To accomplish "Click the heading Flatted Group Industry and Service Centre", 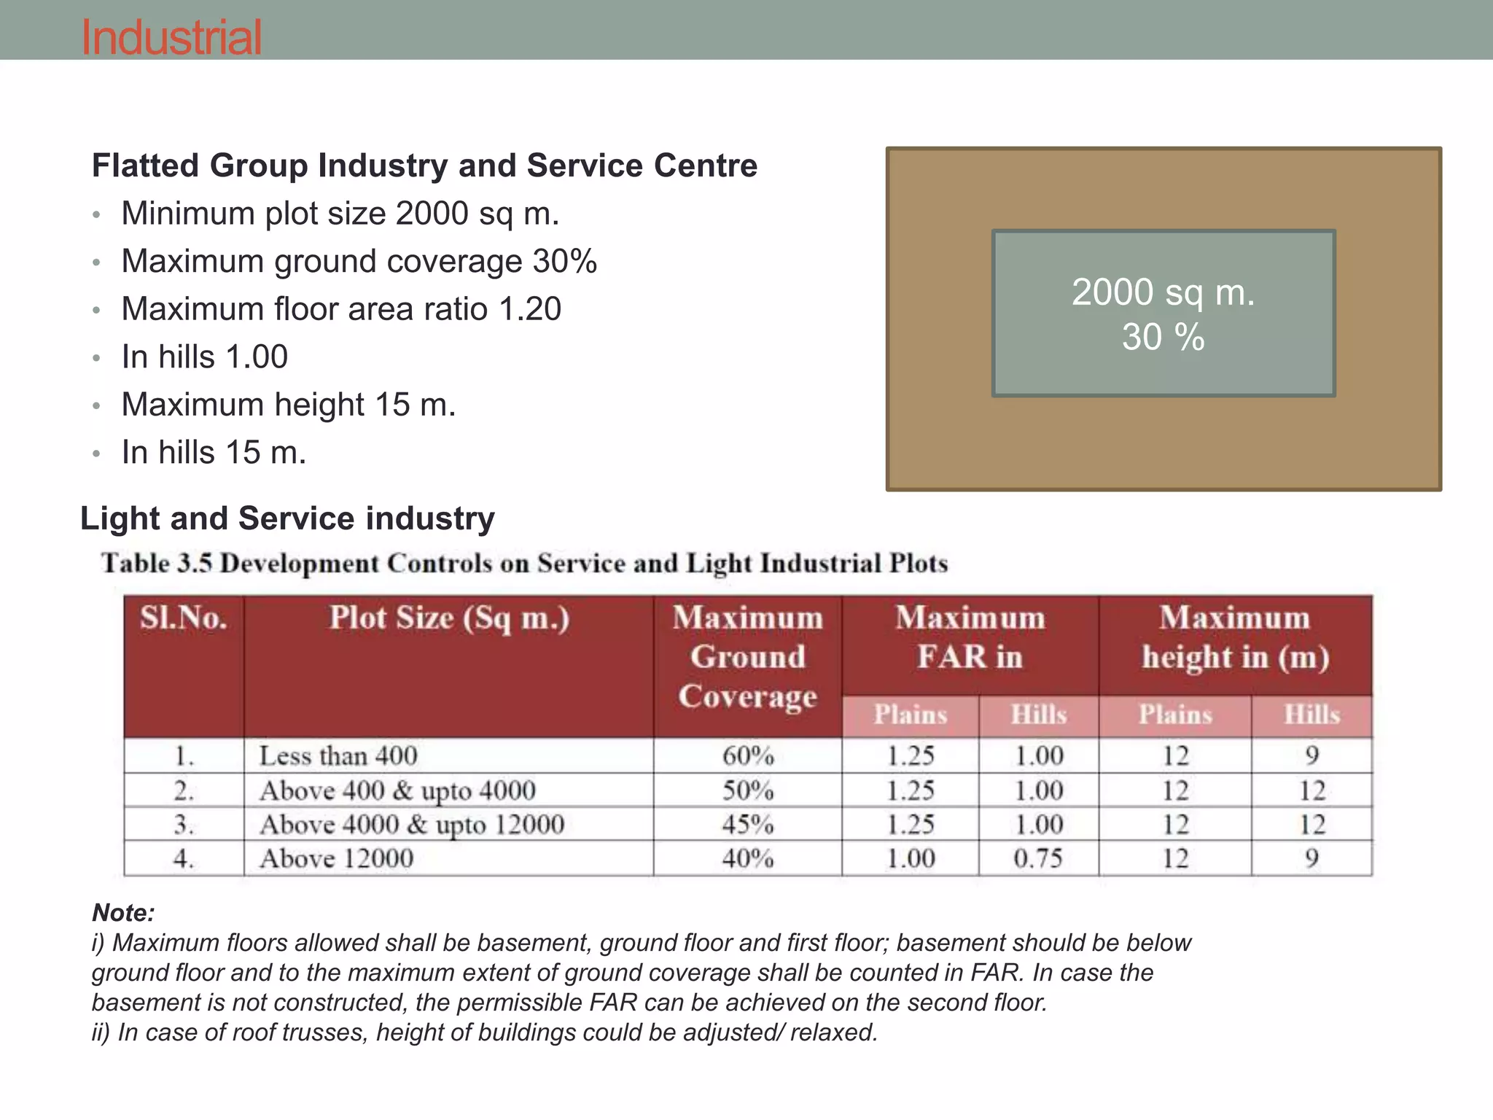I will [424, 166].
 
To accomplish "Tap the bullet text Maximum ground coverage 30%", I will [359, 261].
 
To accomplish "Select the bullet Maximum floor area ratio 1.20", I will [340, 308].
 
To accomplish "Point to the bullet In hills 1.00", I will [204, 357].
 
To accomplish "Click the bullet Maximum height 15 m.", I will [288, 405].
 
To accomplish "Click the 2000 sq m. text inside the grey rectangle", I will [1163, 292].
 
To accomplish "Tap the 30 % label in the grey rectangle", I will [1163, 337].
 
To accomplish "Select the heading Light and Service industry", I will [287, 518].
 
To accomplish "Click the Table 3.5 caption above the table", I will [524, 563].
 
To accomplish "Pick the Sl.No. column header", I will [183, 618].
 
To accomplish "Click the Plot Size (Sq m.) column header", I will [448, 618].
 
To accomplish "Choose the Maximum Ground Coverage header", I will [747, 656].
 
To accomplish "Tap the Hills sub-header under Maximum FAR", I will [1038, 715].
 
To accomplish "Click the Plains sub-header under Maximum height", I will [1174, 715].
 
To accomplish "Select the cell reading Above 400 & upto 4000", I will [397, 790].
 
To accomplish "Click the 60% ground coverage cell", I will [747, 755].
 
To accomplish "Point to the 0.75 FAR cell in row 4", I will [1038, 858].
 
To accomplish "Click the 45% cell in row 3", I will [747, 824].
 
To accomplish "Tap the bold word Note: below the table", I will [123, 912].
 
